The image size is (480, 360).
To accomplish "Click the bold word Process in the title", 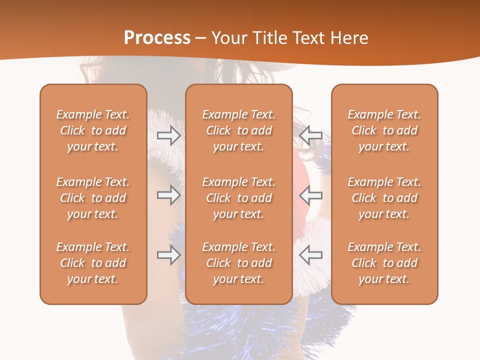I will [157, 38].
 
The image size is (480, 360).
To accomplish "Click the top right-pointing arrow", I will [168, 135].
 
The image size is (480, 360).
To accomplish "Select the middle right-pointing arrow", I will [168, 195].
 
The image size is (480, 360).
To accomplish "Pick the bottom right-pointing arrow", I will [168, 255].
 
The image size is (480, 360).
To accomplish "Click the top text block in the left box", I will [93, 130].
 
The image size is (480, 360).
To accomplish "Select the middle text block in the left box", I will [93, 198].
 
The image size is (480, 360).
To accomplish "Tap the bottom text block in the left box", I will [93, 263].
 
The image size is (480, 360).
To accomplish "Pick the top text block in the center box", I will [238, 130].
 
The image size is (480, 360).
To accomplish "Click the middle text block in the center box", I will [238, 198].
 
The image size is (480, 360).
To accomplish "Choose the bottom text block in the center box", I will [238, 263].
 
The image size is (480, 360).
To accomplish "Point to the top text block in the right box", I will [384, 130].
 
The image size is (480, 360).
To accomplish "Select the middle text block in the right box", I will [384, 198].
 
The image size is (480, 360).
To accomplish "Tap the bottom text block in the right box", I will [384, 263].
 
